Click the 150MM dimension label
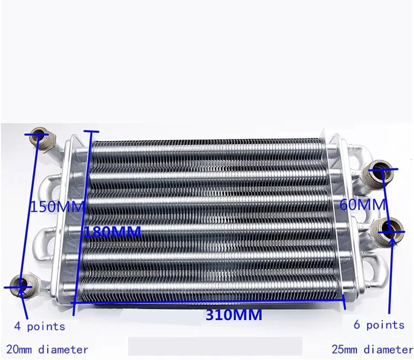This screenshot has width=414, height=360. tap(57, 207)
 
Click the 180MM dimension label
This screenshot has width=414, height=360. tap(113, 232)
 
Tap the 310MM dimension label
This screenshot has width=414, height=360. tap(234, 315)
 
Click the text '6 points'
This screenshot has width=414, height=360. tap(379, 326)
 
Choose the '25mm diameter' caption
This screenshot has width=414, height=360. tap(372, 350)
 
